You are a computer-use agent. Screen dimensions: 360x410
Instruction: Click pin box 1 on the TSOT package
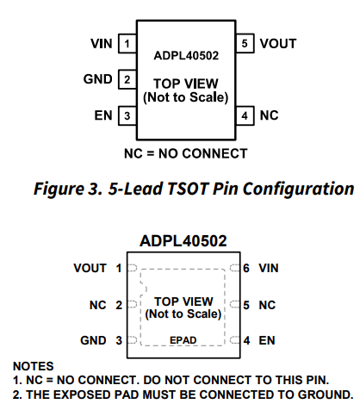[127, 44]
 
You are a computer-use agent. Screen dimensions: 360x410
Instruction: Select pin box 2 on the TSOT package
[127, 79]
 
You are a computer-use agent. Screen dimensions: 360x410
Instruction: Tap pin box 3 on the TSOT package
[127, 115]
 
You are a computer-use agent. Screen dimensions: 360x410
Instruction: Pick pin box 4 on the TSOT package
[245, 115]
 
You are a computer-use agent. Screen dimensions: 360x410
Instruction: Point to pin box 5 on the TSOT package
[245, 43]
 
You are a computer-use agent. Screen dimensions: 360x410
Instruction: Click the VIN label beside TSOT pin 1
[102, 44]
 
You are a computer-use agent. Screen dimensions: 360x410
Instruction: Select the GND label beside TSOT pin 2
[97, 79]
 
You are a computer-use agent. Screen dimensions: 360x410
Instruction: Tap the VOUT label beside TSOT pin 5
[278, 44]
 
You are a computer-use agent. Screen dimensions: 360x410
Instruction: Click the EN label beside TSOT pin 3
[103, 115]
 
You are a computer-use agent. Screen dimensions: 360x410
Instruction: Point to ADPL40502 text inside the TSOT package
[186, 55]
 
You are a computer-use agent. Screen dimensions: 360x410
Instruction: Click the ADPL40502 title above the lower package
[183, 241]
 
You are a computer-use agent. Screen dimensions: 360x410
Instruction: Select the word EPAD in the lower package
[183, 340]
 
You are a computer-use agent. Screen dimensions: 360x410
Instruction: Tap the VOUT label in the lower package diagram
[90, 268]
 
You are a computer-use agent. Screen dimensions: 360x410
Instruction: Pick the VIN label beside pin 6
[269, 268]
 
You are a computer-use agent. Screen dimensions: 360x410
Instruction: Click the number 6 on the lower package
[246, 268]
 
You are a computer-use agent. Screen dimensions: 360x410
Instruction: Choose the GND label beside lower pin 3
[93, 340]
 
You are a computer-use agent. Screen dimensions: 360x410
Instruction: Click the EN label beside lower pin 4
[267, 340]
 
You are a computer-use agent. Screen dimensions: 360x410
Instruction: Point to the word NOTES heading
[34, 366]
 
